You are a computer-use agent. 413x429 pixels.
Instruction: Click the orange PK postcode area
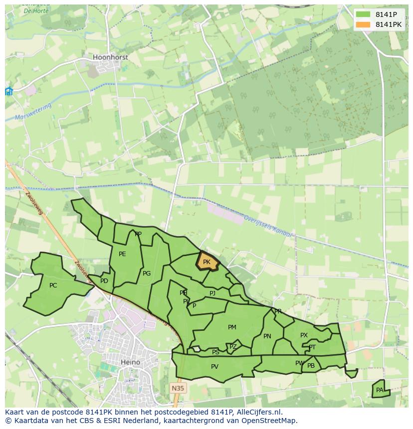coord(207,262)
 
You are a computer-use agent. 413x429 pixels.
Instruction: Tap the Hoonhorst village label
coord(110,57)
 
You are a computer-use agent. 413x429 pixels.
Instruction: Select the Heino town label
coord(131,362)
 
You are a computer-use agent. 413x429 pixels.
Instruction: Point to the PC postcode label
coord(53,286)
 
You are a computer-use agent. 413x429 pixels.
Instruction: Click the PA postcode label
coord(380,390)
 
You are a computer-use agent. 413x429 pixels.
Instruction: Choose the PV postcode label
coord(214,367)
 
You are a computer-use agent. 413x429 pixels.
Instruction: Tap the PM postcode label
coord(232,327)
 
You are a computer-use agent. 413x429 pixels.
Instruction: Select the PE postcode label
coord(122,254)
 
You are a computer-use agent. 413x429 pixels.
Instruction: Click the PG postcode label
coord(147,274)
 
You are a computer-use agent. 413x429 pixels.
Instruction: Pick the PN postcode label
coord(267,336)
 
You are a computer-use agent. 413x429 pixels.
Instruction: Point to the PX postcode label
coord(304,335)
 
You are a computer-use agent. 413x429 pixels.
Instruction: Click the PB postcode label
coord(311,366)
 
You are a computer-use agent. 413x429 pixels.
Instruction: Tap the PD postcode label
coord(104,281)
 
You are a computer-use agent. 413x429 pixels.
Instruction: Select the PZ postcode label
coord(233,347)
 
